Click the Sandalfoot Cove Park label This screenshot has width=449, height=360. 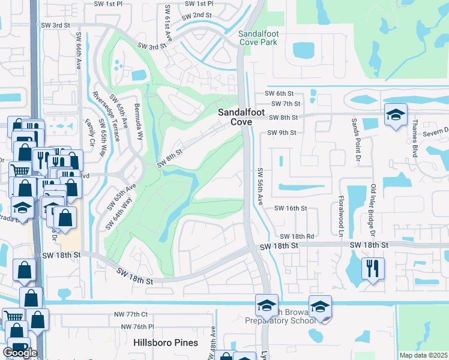(x=260, y=38)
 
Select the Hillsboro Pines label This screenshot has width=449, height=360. (x=166, y=343)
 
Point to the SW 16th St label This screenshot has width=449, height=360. (x=291, y=208)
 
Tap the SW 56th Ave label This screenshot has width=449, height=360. (x=260, y=187)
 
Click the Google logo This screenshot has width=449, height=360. (x=20, y=353)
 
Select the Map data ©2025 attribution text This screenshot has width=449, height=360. (x=423, y=355)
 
